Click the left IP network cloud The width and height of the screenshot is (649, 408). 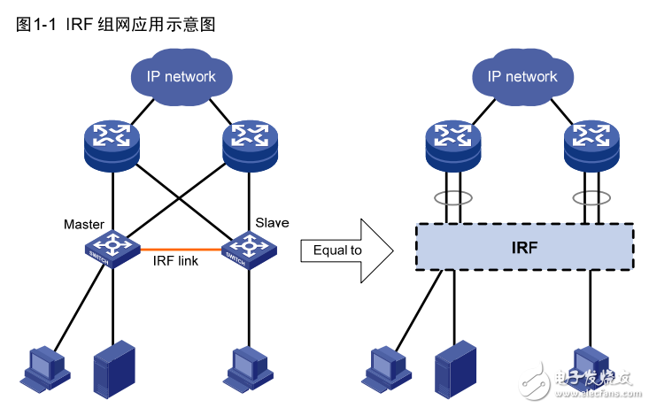coord(181,76)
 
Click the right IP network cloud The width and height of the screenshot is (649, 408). coord(522,76)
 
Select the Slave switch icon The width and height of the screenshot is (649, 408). coord(245,249)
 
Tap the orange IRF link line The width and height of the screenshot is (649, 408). coord(178,249)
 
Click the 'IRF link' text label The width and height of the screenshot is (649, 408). coord(176,261)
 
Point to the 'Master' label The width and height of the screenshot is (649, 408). coord(84,224)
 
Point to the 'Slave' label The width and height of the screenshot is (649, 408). coord(272,222)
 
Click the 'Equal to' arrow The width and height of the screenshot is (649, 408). coord(346,250)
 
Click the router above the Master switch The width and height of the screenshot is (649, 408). coord(112,143)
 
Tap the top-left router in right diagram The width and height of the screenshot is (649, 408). coord(453,143)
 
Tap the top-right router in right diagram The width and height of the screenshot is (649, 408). coord(591,143)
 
